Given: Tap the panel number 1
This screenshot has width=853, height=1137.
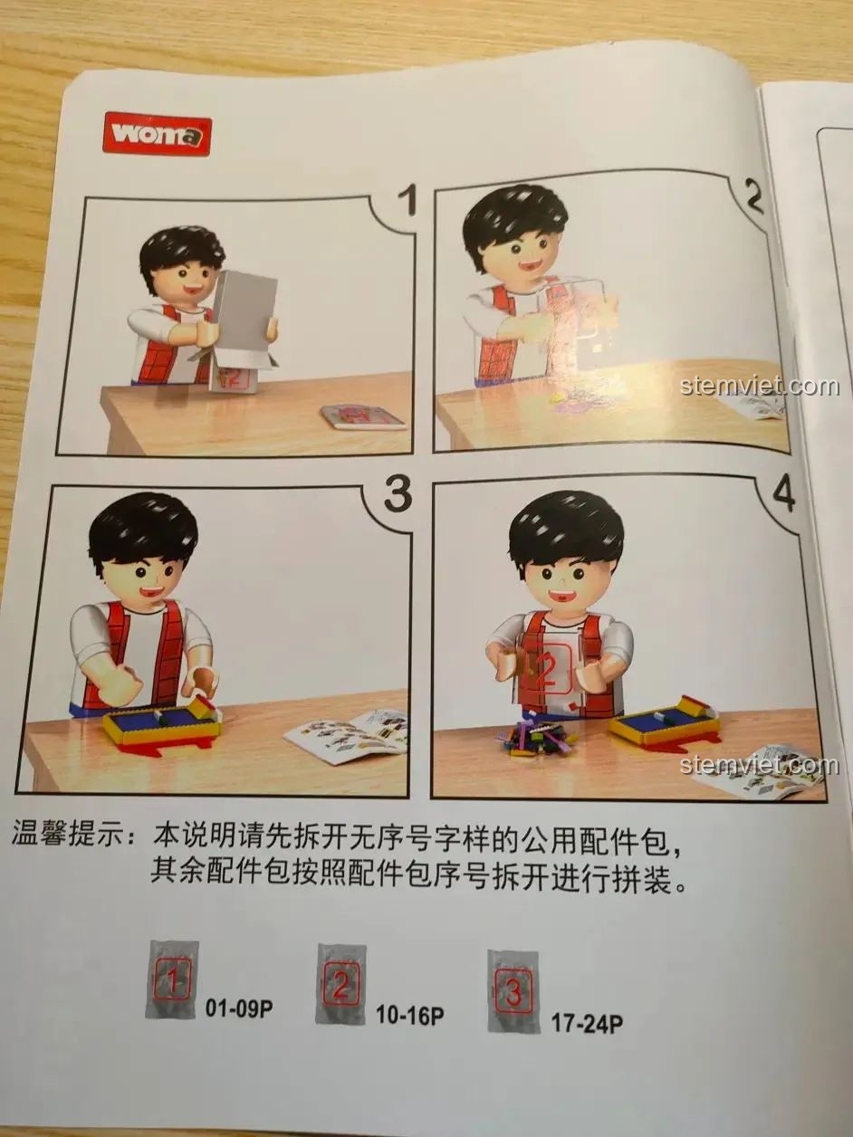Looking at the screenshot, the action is coord(410,202).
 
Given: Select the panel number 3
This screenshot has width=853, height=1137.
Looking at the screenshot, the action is coord(398,492).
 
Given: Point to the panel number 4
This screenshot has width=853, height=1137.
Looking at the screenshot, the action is coord(782,493).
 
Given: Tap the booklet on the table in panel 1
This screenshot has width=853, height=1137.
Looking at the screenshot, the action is coord(362,418).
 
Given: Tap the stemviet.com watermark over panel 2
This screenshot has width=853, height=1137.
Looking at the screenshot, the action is coord(760,386).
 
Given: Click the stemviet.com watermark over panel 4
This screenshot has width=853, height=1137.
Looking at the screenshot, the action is coord(760,765).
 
